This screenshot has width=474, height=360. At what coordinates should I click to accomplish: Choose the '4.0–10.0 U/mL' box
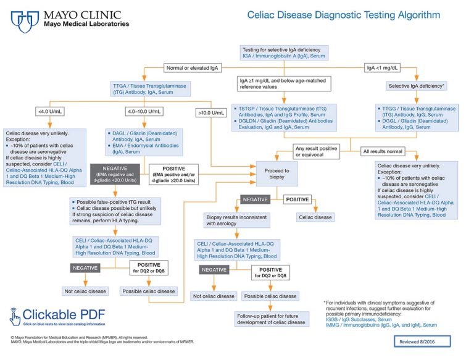[x=144, y=111]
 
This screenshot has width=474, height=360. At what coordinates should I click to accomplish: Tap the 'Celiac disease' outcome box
[x=315, y=217]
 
